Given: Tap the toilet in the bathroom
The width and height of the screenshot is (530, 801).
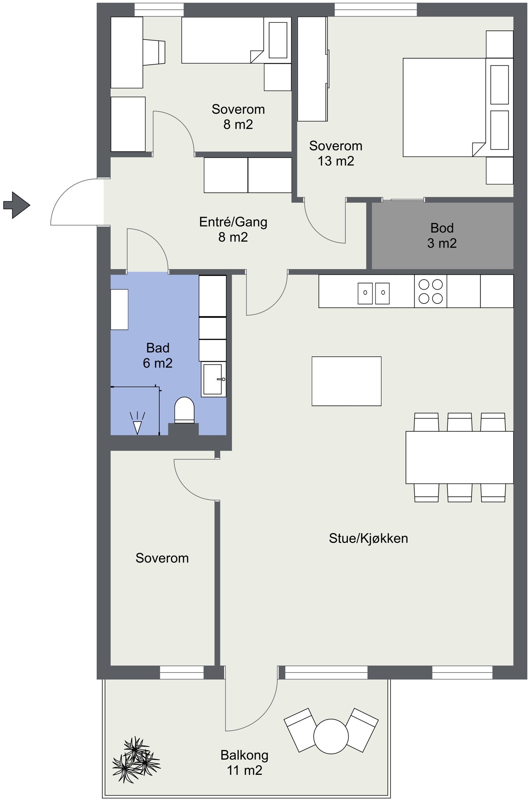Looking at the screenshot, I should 184,410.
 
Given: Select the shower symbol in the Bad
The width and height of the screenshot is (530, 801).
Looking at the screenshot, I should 137,423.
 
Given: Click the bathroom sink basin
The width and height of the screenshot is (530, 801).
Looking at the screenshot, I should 213,379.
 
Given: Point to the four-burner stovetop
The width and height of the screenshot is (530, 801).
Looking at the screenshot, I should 430,291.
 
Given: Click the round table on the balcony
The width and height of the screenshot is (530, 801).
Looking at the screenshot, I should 331,736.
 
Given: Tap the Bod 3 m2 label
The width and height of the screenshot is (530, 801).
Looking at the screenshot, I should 442,235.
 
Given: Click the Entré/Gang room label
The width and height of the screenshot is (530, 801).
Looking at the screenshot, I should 233,229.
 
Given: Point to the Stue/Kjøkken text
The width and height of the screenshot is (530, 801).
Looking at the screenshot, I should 368,538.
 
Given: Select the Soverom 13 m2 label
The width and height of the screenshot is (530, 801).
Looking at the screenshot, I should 335,153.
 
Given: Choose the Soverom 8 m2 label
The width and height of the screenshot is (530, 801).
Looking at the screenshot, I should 238,117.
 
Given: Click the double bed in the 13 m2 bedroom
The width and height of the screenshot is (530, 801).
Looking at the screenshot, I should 443,107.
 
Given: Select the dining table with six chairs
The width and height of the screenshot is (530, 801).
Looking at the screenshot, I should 459,457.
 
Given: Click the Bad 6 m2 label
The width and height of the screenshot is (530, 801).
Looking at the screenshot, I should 158,355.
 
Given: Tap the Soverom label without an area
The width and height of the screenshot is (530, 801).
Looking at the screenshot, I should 162,558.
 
